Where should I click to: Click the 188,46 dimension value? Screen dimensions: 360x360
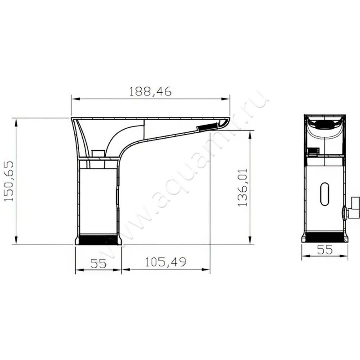tap(150, 91)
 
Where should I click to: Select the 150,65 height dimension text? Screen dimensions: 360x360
tap(10, 181)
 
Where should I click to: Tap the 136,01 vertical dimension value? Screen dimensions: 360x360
tap(243, 188)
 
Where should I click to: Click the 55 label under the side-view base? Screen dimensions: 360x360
tap(98, 263)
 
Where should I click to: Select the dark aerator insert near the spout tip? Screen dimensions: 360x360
tap(207, 128)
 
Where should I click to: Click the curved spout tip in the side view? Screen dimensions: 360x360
tap(226, 122)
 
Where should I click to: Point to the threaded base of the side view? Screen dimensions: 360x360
tap(99, 239)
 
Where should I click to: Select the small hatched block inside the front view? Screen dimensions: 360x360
tap(313, 152)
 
